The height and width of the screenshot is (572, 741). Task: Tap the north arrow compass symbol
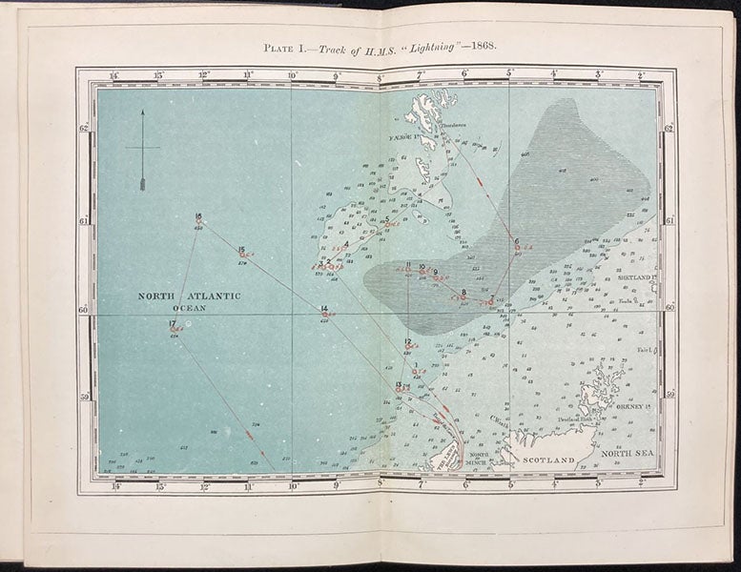pyautogui.click(x=142, y=151)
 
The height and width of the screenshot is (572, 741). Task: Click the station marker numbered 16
pyautogui.click(x=198, y=216)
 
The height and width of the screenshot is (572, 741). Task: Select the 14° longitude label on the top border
pyautogui.click(x=113, y=74)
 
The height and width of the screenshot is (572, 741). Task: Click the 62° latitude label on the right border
pyautogui.click(x=669, y=129)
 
